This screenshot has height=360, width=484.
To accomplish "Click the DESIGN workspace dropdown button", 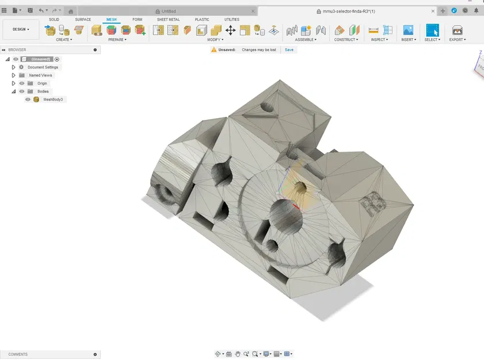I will click(21, 29).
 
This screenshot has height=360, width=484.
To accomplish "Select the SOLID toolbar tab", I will click(54, 20).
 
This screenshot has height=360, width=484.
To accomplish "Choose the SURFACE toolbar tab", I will click(83, 20).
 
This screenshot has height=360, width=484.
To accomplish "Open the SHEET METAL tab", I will click(168, 20).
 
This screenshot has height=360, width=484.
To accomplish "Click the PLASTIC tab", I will click(202, 20).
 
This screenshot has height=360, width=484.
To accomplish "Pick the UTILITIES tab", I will click(231, 20).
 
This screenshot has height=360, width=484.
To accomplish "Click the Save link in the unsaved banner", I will click(289, 50).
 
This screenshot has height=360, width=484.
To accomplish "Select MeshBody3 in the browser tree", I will click(53, 100).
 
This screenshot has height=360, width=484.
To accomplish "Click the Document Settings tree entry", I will click(43, 67).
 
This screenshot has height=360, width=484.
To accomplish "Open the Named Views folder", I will click(40, 75).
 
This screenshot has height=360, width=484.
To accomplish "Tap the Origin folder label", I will click(42, 84).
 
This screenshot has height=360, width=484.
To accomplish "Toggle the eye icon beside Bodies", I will click(22, 92).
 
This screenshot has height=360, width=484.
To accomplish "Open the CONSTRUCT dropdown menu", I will click(346, 40).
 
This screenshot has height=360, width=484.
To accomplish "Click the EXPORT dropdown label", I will click(457, 40).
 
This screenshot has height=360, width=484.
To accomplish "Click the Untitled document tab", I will click(169, 11).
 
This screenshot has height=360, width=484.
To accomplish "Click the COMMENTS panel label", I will click(18, 354).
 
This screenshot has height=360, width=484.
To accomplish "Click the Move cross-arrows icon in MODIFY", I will click(230, 31).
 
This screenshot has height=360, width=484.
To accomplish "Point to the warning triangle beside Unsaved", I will click(214, 50).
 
